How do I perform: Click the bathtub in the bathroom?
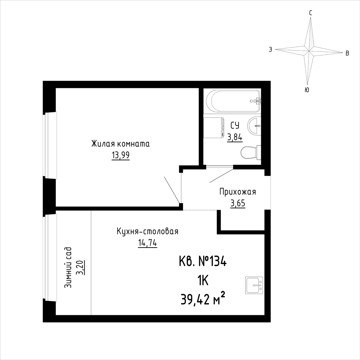[x=233, y=101]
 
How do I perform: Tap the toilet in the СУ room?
[x=251, y=152]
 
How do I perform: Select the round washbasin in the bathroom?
[x=254, y=125]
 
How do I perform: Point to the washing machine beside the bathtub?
[x=213, y=128]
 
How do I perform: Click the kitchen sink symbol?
[x=254, y=285]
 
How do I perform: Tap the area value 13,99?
[x=120, y=155]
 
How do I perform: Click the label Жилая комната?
[x=120, y=144]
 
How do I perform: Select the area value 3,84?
[x=235, y=137]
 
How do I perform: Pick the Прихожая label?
[x=237, y=192]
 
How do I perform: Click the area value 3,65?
[x=237, y=203]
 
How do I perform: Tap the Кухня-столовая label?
[x=148, y=231]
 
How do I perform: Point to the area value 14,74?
[x=147, y=243]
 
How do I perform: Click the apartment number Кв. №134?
[x=203, y=262]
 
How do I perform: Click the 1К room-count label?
[x=203, y=281]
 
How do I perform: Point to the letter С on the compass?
[x=310, y=13]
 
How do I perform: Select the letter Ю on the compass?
[x=307, y=90]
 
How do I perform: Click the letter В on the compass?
[x=347, y=53]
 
